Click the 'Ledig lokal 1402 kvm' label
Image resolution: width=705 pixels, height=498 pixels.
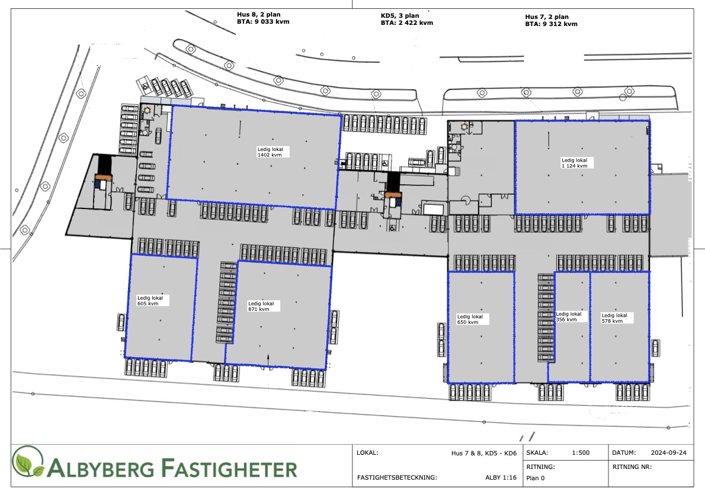pos(270,152)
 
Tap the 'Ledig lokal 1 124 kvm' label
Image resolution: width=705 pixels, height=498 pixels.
pos(575,163)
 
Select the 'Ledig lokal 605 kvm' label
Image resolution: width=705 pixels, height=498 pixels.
pos(150,301)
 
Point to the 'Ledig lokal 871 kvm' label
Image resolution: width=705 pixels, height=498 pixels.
pos(261,306)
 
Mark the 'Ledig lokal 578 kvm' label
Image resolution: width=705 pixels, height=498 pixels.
pos(614,318)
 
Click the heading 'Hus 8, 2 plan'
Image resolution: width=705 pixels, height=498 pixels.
pos(258,14)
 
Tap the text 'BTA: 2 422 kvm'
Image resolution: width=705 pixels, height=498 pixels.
pos(407,23)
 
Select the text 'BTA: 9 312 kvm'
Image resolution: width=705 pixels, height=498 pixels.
pos(551,24)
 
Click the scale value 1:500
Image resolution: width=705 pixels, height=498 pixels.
pos(581,452)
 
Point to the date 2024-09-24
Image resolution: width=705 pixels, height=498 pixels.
pos(669,452)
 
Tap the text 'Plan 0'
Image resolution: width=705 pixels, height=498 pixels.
pos(535,478)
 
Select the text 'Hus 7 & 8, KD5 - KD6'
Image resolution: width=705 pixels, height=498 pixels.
pos(484,453)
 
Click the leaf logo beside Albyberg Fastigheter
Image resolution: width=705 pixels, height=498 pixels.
pos(28,462)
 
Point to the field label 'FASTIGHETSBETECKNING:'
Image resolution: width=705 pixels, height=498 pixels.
pos(397,477)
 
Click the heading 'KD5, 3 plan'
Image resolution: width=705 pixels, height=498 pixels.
pos(400,16)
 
